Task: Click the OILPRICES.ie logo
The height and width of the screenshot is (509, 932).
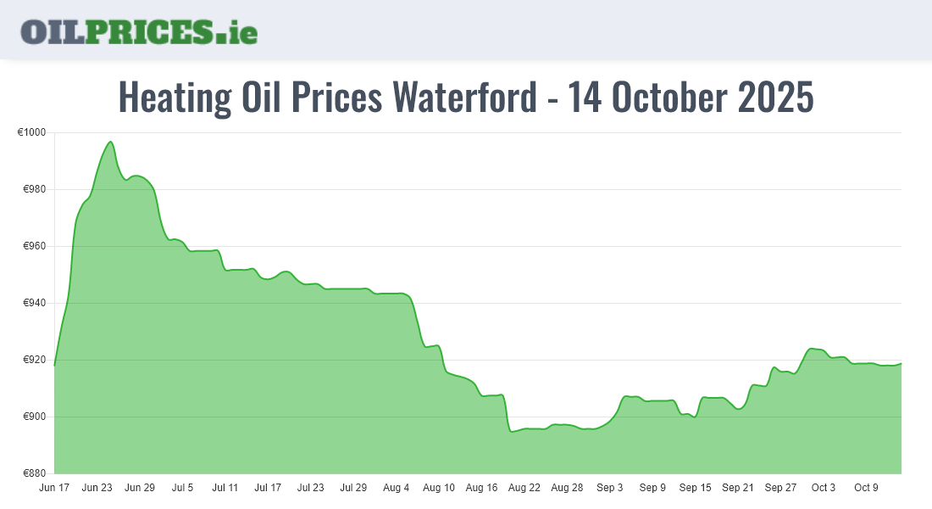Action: tap(139, 31)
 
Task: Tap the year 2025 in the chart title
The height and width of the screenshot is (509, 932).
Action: tap(775, 98)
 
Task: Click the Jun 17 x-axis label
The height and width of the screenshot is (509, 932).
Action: tap(54, 488)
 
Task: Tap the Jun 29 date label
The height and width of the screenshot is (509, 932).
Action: tap(140, 488)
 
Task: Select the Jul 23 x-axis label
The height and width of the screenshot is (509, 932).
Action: tap(311, 488)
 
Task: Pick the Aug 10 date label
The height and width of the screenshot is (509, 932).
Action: tap(439, 488)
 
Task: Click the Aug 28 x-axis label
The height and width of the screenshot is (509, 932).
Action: tap(567, 488)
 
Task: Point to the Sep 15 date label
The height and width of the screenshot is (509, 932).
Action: tap(695, 488)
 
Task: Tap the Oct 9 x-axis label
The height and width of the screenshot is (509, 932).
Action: tap(866, 488)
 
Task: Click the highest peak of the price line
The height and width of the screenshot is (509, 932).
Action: tap(110, 142)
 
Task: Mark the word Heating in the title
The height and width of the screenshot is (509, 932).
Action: tap(174, 98)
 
